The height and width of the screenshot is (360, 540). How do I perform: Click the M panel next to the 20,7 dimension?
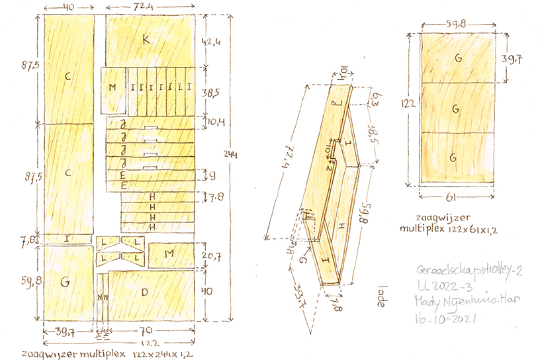click(x=170, y=253)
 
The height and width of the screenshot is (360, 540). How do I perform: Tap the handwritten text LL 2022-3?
click(x=439, y=286)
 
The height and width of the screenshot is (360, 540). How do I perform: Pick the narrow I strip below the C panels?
click(x=67, y=238)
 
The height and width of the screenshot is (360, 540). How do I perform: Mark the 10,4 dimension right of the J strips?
click(x=212, y=122)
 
